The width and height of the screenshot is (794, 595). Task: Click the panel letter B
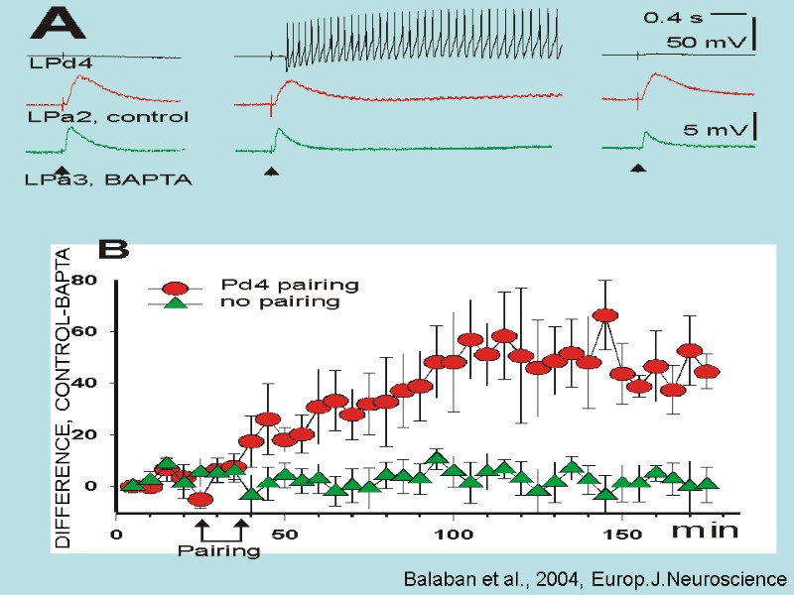point(111,248)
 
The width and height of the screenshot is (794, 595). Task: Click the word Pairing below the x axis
point(218,550)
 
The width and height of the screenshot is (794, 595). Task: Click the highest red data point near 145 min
point(605,314)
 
